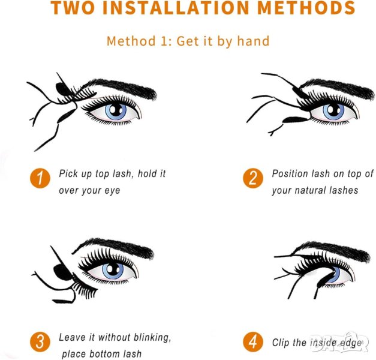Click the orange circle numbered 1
coord(40,179)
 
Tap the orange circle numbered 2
coord(253,179)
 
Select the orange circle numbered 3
coord(40,342)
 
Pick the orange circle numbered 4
coord(253,342)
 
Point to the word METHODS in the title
coord(306,8)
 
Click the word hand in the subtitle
coord(253,41)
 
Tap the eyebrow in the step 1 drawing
coord(120,88)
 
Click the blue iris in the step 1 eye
coord(116,111)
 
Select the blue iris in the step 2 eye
coord(333,111)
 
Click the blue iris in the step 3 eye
coord(113,271)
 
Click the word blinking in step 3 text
coord(152,337)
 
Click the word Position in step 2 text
coord(290,174)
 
